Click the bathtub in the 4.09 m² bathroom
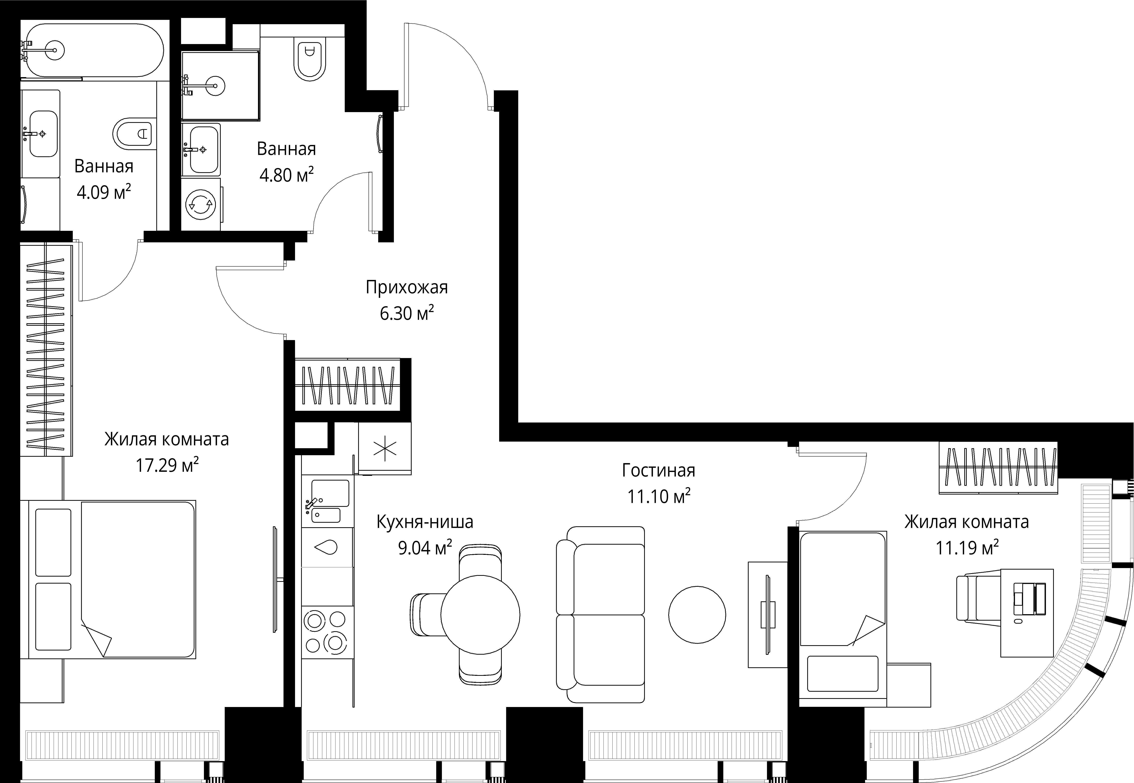click(x=93, y=50)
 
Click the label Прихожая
click(x=407, y=287)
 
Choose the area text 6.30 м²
click(x=407, y=312)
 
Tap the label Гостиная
click(x=658, y=471)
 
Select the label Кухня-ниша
click(x=425, y=522)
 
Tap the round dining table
click(x=480, y=615)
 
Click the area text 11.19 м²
click(x=967, y=547)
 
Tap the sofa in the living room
click(x=600, y=615)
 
